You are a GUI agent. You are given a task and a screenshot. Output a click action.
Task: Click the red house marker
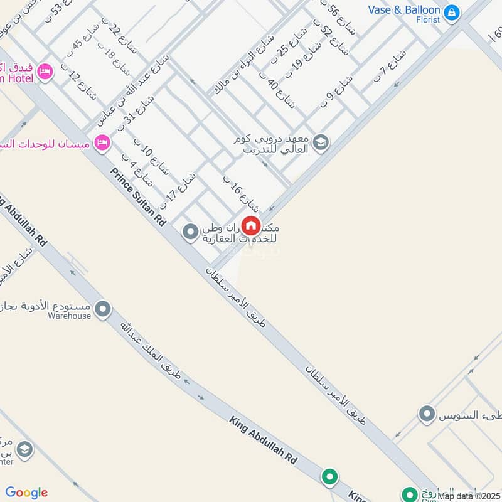(x=251, y=225)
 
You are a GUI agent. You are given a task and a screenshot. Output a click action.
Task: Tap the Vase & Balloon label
(x=404, y=10)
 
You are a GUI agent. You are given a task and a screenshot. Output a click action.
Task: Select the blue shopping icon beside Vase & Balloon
(x=451, y=12)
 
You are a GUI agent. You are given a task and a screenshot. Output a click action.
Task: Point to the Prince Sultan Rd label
(x=138, y=196)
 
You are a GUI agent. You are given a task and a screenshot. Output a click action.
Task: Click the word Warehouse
(x=70, y=316)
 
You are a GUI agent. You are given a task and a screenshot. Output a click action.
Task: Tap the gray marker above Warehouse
(x=103, y=309)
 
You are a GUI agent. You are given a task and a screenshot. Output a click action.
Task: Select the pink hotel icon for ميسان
(x=102, y=144)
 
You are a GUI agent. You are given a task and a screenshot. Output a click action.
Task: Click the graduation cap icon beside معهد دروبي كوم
(x=321, y=142)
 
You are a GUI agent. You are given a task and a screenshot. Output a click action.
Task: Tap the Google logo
(x=26, y=493)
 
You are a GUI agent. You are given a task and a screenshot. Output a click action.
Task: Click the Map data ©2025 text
(x=469, y=496)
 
